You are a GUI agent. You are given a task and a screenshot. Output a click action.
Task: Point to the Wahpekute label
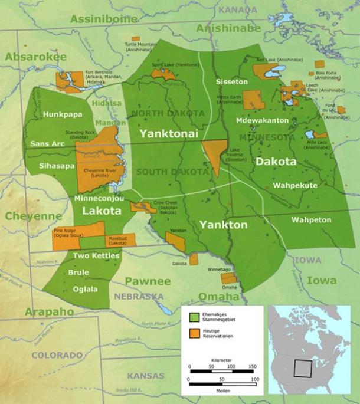pyautogui.click(x=295, y=185)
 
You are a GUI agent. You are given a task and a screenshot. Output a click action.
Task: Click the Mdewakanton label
pyautogui.click(x=261, y=120)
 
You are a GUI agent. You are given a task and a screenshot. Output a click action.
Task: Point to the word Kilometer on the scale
pyautogui.click(x=220, y=360)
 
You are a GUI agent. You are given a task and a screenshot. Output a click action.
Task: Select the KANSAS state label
pyautogui.click(x=146, y=376)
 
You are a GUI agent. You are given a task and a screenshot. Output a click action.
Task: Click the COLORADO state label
pyautogui.click(x=57, y=355)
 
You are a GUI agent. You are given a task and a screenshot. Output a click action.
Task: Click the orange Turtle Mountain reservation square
pyautogui.click(x=136, y=38)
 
